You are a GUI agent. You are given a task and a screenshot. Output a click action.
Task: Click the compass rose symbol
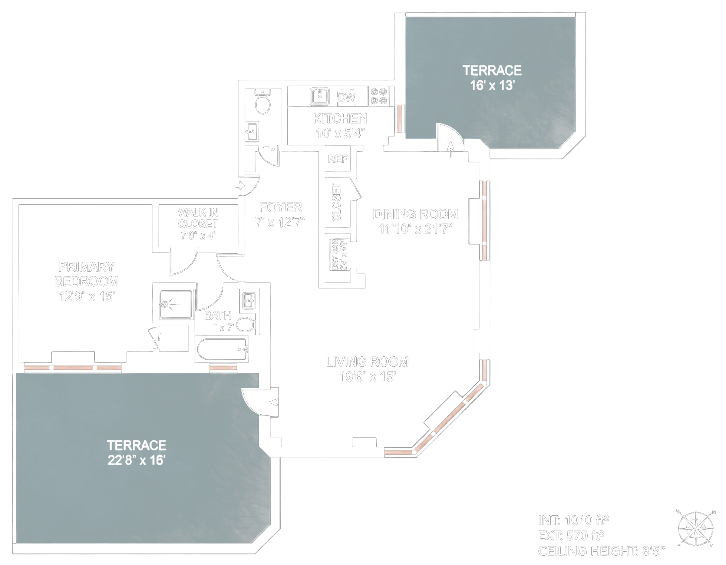(695, 528)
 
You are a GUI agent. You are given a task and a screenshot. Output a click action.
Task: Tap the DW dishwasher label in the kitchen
(347, 98)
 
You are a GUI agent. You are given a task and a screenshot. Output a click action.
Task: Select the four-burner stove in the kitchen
(379, 96)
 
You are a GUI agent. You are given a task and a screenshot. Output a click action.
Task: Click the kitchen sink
(320, 96)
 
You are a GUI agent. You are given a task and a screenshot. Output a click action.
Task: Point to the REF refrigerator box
(337, 159)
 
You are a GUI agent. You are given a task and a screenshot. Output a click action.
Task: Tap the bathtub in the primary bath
(222, 350)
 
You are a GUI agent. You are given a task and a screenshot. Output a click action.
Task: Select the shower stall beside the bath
(176, 305)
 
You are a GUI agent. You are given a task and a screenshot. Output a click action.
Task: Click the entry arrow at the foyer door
(240, 185)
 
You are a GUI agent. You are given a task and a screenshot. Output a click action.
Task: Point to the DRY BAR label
(335, 255)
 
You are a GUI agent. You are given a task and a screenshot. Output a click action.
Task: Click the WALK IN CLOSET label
(198, 218)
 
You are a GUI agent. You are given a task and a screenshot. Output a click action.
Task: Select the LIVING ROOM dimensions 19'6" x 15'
(367, 377)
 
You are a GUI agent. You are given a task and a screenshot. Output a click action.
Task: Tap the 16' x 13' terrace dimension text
(492, 86)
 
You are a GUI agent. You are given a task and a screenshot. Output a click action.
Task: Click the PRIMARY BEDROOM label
(86, 274)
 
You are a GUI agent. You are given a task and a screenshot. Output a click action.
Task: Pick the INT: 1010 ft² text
(573, 521)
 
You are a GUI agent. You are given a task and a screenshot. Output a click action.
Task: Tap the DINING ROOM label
(415, 214)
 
